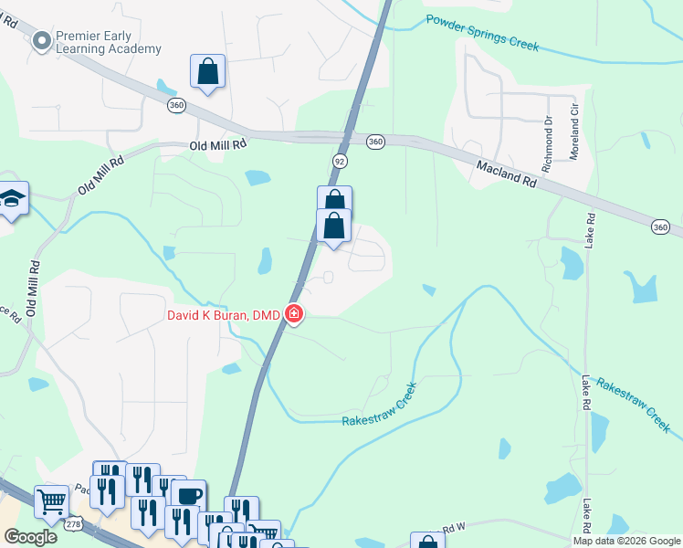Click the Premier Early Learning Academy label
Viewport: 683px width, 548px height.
click(109, 42)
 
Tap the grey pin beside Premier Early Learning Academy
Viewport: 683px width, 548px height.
click(40, 40)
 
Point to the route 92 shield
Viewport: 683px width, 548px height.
click(339, 160)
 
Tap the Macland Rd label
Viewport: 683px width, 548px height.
click(506, 172)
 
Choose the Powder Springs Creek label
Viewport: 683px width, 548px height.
click(482, 31)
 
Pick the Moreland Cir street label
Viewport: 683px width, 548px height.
click(574, 132)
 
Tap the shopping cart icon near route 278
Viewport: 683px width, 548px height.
click(51, 501)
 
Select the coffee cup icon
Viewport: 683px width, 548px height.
click(188, 495)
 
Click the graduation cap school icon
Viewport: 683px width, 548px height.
click(12, 197)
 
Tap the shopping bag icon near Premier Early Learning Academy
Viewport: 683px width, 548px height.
click(207, 70)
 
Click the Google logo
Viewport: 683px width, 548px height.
click(31, 537)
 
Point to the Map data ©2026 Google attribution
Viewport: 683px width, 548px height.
click(626, 541)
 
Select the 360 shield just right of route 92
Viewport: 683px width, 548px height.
click(375, 142)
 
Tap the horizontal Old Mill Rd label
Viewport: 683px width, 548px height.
click(218, 145)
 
